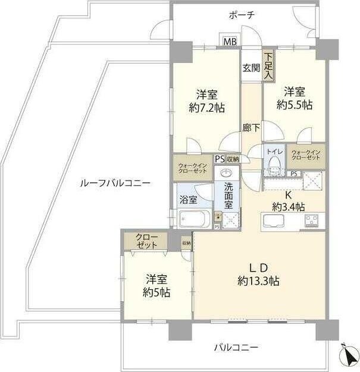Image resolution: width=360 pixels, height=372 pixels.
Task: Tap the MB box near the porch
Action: [x=230, y=43]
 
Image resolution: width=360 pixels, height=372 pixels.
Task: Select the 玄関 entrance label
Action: [x=251, y=68]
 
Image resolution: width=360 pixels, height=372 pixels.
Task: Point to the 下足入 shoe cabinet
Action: [x=269, y=65]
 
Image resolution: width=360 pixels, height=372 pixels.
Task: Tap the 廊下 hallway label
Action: [x=251, y=127]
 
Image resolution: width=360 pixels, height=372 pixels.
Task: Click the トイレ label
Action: [x=274, y=153]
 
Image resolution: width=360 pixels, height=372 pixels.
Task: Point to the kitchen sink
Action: [x=274, y=223]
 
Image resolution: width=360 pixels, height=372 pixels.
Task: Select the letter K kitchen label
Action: [x=289, y=195]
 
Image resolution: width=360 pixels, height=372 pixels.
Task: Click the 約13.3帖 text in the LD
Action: [x=259, y=280]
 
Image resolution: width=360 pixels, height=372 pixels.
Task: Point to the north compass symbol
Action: [x=347, y=355]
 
